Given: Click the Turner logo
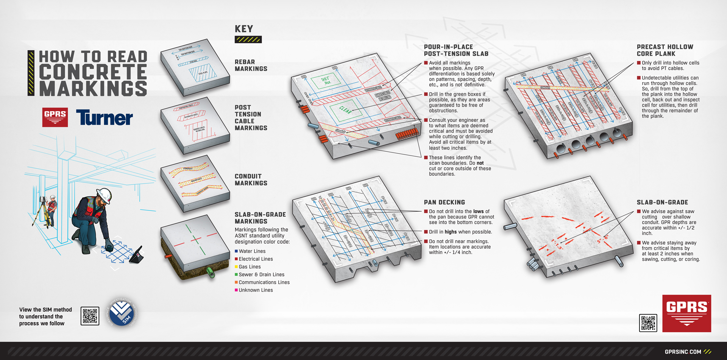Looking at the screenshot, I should coord(105,118).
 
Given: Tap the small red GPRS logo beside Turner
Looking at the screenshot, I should coord(55,117).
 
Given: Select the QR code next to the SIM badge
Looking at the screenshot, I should coord(90,316).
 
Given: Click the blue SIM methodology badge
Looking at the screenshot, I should coord(122,313).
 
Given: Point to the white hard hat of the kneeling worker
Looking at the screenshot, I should coord(105,195).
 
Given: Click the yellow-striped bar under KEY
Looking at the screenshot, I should coord(248,39).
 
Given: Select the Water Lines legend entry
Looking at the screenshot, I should coord(252,251).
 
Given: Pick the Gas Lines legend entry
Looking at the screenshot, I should coord(250,267).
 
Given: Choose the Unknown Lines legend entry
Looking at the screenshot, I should coord(256,290).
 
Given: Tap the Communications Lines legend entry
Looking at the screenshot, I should coord(264,282).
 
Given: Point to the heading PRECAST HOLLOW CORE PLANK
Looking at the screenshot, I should coord(665,50).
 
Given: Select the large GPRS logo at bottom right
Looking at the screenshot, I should coord(686,313).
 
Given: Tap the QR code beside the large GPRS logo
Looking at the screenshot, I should coord(648,323).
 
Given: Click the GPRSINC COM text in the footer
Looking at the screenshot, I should coord(683,352).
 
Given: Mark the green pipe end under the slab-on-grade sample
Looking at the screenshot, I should coord(210,272).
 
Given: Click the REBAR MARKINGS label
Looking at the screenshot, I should coord(251,65).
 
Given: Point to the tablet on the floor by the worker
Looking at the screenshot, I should coord(137,256).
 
